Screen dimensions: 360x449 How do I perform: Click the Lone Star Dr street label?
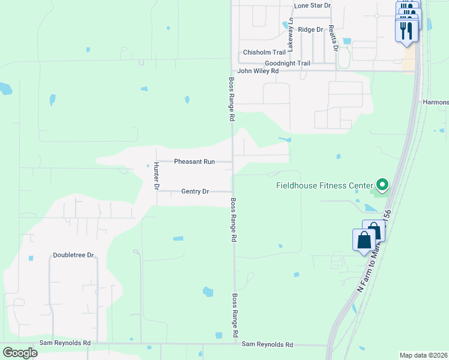(312, 5)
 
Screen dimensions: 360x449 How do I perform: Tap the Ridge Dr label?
(310, 29)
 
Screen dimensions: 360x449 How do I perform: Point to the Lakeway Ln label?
(291, 33)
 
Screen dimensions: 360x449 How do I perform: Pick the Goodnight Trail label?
(288, 63)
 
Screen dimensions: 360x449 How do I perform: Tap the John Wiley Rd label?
(258, 71)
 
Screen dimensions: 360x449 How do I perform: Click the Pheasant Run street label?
(194, 161)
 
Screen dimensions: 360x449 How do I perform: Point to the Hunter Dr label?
(155, 176)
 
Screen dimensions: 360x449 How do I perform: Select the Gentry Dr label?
(194, 191)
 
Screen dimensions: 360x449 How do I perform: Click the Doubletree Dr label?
(74, 255)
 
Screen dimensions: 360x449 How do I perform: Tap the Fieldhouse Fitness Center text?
(324, 185)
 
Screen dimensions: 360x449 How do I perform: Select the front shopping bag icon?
(364, 241)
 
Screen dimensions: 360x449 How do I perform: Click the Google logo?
(20, 352)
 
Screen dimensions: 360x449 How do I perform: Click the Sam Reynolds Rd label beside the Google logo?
(65, 343)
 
